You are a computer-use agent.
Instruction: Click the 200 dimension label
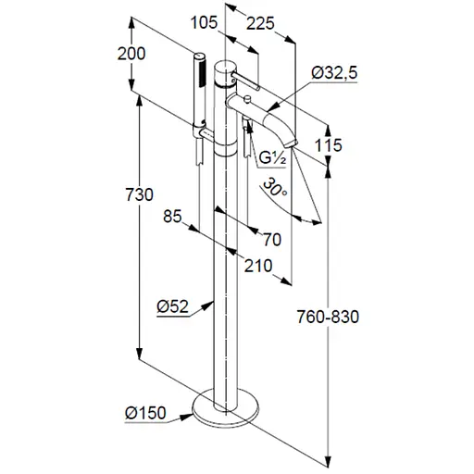[x=131, y=54]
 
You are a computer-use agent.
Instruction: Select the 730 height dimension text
[x=139, y=194]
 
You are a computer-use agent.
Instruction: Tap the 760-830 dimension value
[x=328, y=317]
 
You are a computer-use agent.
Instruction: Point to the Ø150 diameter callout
[x=145, y=413]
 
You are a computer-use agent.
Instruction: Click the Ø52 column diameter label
[x=172, y=306]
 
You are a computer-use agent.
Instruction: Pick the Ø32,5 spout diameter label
[x=334, y=73]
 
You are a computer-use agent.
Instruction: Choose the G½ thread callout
[x=273, y=158]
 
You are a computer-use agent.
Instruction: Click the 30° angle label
[x=275, y=187]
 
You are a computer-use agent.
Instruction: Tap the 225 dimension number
[x=260, y=23]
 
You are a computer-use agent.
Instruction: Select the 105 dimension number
[x=204, y=22]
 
